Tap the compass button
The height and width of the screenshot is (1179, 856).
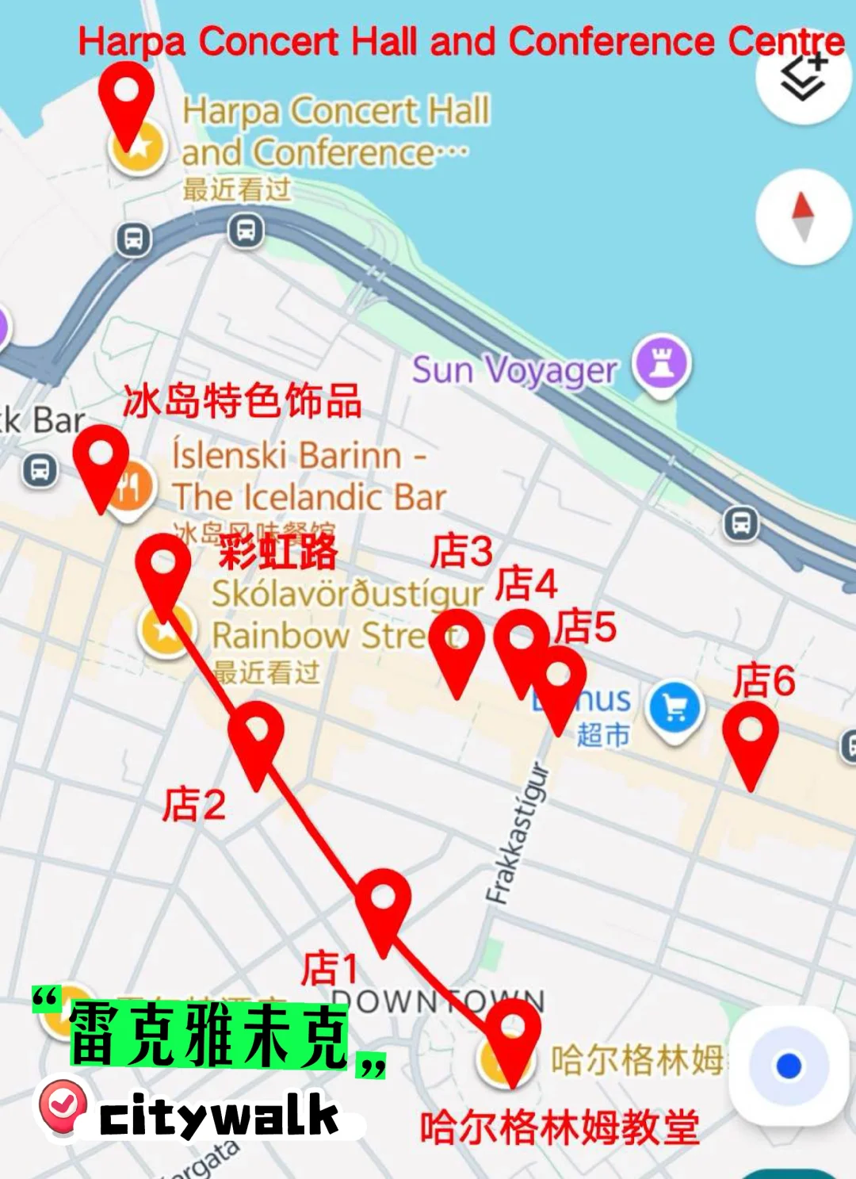pos(803,216)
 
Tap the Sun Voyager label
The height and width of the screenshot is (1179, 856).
pos(514,370)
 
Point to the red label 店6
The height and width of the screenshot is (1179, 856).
pos(763,680)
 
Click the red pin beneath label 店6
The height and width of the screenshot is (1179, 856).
pos(751,737)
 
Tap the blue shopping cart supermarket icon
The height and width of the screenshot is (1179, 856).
pos(674,708)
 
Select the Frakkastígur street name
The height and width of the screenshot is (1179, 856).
pos(517,833)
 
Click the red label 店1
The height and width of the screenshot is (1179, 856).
pos(330,968)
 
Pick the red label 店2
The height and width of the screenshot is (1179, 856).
pos(194,804)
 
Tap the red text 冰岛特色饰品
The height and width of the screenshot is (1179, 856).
pos(243,400)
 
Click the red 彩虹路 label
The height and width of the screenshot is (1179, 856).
pos(278,551)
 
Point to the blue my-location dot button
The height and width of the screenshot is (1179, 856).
pos(789,1066)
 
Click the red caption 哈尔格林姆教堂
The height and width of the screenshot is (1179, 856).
pos(560,1127)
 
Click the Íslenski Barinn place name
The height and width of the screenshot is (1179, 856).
pos(309,476)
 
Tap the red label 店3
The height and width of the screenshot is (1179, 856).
pos(461,550)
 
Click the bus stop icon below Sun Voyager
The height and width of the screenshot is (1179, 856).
pos(741,523)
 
